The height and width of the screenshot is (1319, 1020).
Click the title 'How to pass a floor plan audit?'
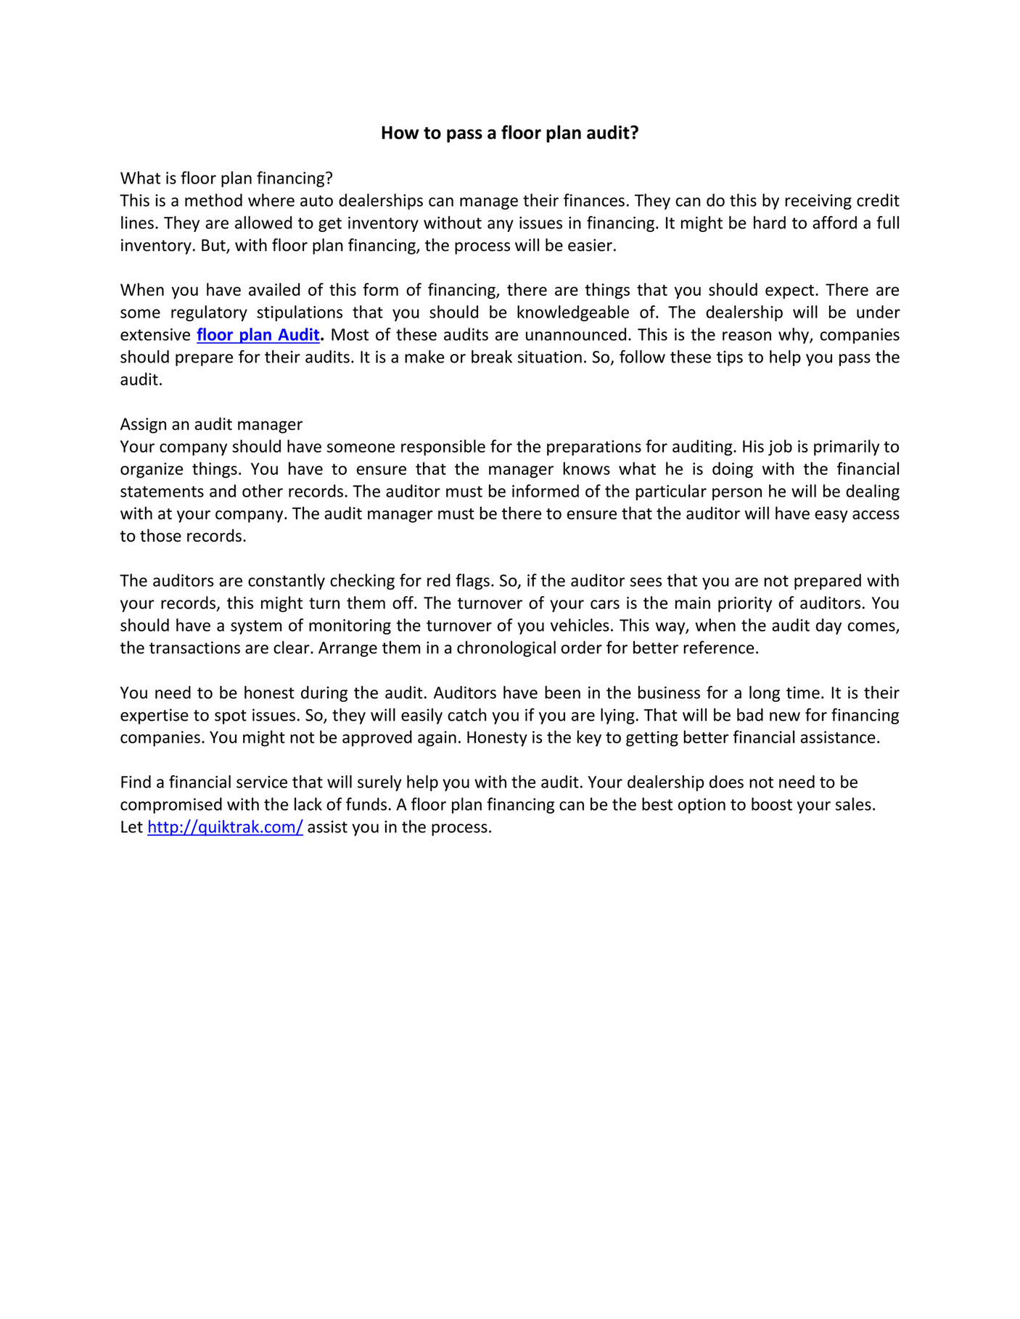tap(509, 133)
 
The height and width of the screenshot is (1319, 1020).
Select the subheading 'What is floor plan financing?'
tap(226, 178)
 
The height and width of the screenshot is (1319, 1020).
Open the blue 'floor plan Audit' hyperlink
tap(258, 334)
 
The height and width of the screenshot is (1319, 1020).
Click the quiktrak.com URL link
tap(225, 827)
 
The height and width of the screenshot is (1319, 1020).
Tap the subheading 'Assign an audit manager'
tap(211, 423)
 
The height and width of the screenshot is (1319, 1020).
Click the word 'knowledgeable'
tap(573, 312)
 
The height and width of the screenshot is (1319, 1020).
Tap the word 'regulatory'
tap(209, 312)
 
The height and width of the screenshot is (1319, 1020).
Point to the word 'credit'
tap(878, 200)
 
